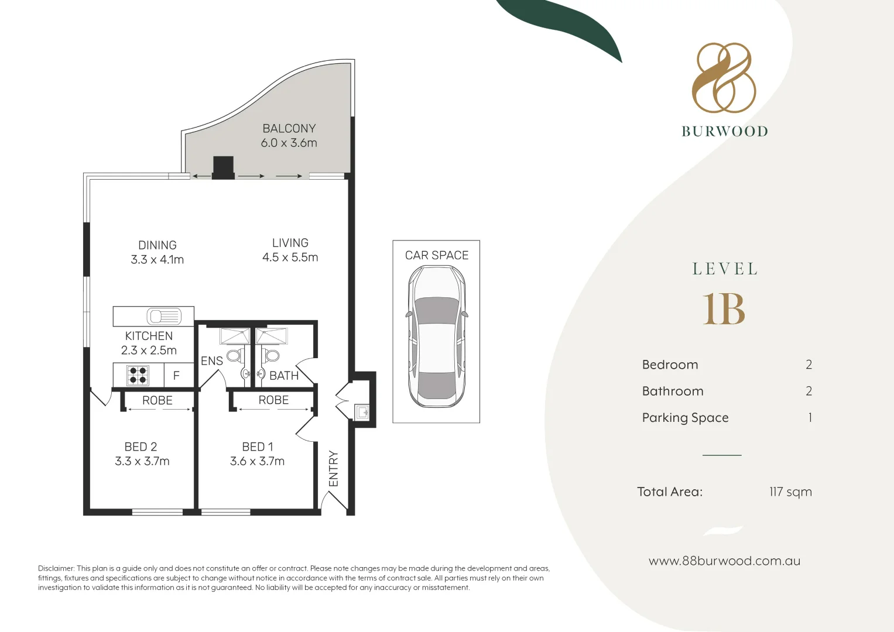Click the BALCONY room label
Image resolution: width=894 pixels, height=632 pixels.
[289, 128]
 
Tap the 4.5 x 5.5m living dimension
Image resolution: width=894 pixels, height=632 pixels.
[290, 257]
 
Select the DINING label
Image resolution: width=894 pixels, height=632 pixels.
[157, 245]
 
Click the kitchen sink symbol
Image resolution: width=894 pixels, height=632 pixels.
[164, 317]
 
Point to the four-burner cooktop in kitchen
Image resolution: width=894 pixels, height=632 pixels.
[138, 375]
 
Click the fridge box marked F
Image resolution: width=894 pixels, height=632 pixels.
[176, 376]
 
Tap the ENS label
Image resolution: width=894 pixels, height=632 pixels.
[211, 361]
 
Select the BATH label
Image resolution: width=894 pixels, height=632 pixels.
[284, 376]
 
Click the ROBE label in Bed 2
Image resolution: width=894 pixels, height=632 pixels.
[157, 400]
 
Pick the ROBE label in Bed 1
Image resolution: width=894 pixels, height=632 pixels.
[273, 400]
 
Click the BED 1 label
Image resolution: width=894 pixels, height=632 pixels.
[257, 446]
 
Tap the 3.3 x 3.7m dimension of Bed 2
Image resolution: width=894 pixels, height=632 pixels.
[142, 461]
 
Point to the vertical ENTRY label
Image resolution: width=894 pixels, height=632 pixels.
[334, 468]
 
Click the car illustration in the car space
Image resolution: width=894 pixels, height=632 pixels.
[436, 336]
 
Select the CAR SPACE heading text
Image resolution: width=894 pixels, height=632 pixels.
[437, 255]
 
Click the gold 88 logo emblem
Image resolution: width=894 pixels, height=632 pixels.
[724, 77]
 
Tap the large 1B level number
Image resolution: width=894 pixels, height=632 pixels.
[724, 309]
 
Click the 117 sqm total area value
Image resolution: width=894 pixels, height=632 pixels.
[790, 492]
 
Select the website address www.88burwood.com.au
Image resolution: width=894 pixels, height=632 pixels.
[724, 561]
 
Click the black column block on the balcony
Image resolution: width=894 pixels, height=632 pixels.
[223, 167]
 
